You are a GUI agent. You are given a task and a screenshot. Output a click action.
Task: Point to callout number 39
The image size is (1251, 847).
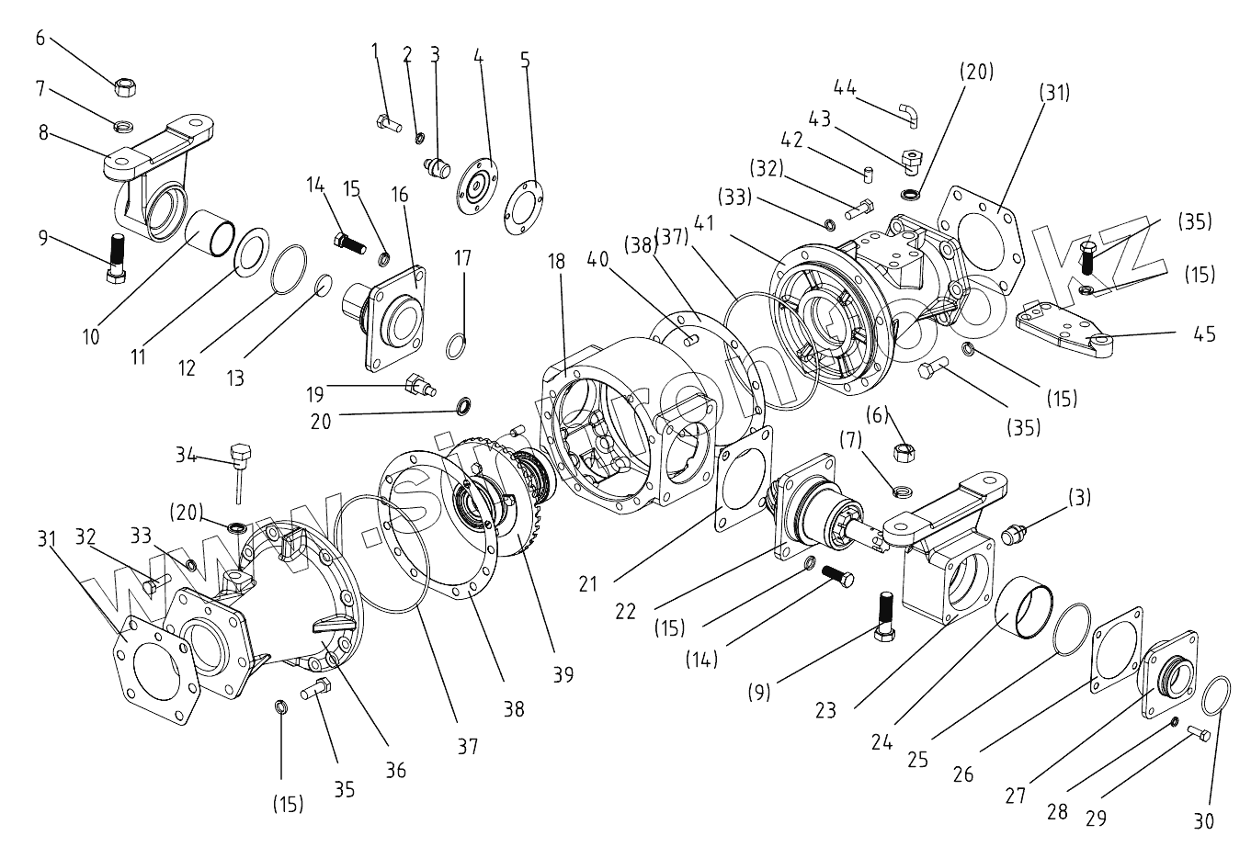[563, 674]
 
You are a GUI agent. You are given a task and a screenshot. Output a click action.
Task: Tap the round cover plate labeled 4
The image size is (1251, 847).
[477, 187]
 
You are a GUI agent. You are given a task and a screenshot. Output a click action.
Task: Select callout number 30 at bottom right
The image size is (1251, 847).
[1204, 820]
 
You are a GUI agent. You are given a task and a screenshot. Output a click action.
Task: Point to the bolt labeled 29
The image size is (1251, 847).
[1198, 732]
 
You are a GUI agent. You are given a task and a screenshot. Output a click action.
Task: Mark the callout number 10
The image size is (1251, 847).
[91, 337]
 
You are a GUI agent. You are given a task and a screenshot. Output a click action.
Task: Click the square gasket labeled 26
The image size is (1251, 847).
[1116, 651]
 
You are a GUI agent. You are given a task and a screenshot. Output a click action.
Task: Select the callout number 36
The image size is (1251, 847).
[395, 770]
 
